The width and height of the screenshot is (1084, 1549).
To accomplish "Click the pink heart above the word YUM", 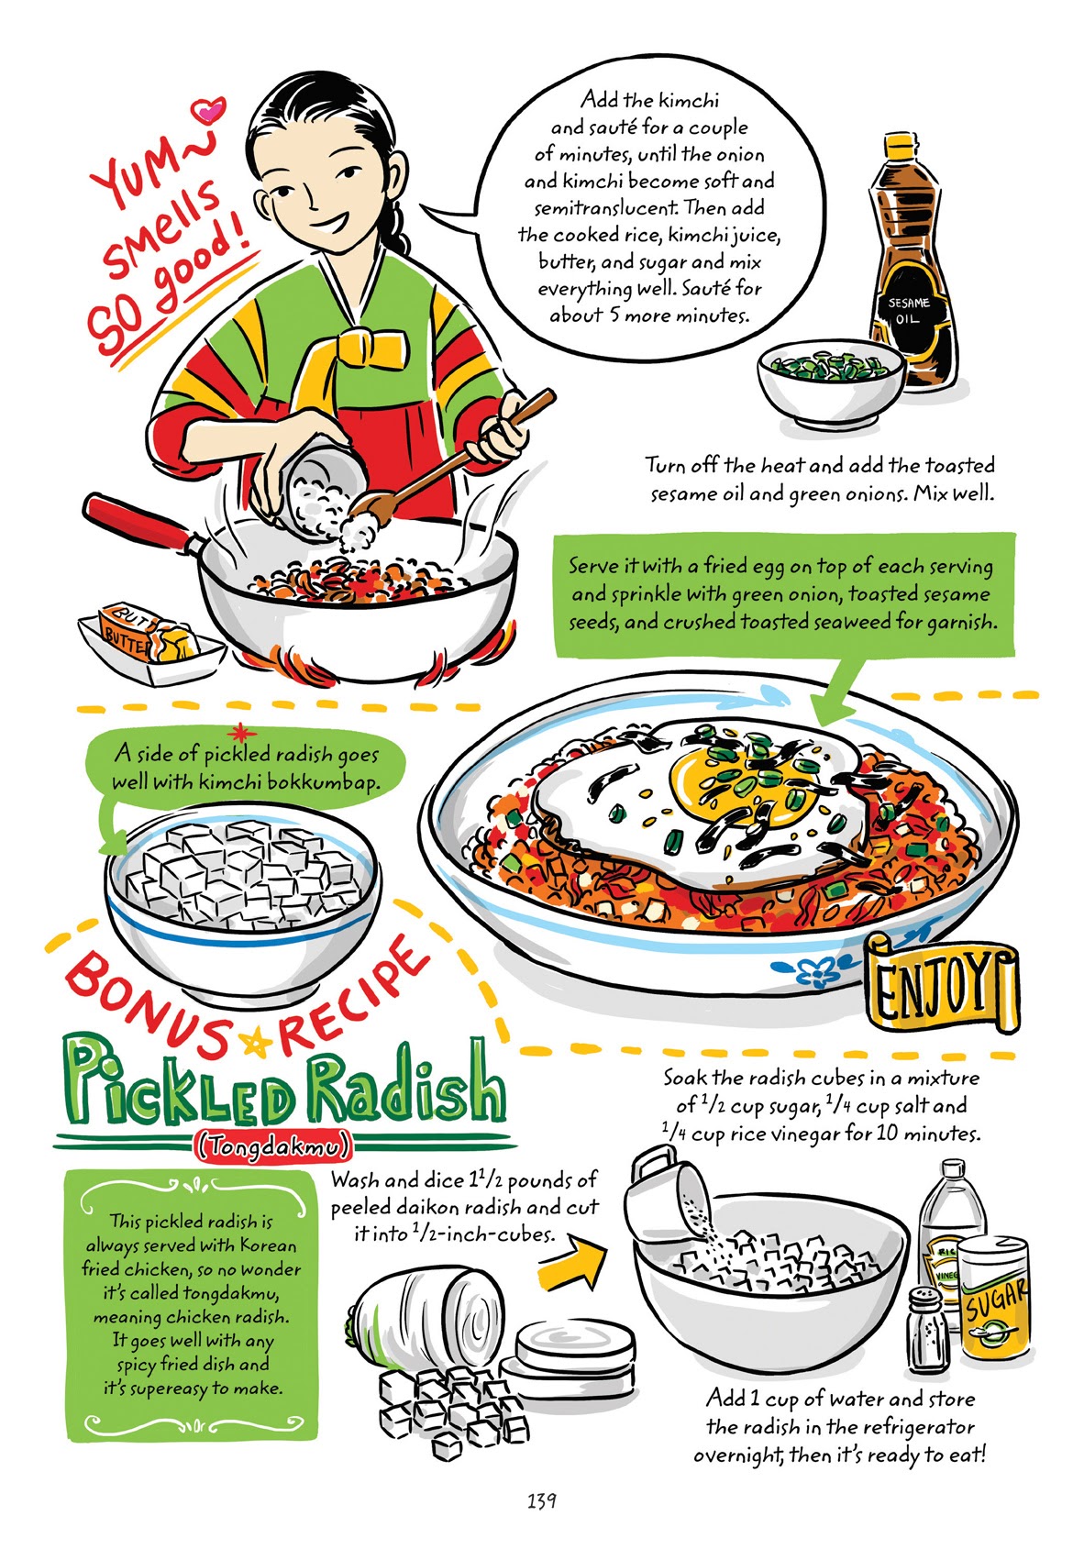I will point(210,111).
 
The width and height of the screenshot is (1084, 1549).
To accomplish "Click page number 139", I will point(542,1501).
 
